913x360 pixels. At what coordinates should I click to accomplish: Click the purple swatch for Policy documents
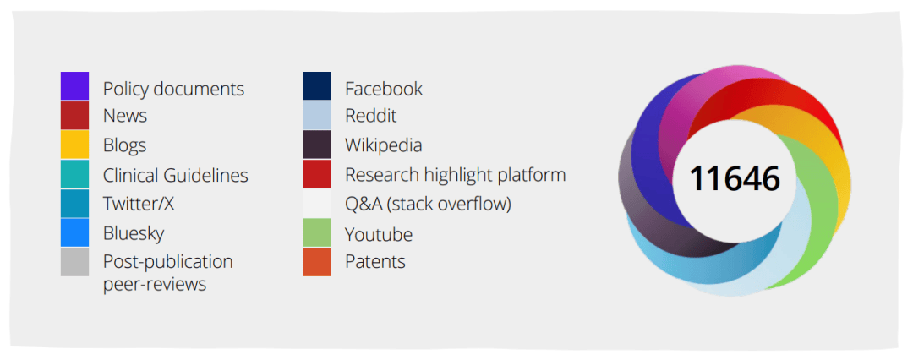[74, 85]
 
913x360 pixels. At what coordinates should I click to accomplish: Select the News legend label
[125, 115]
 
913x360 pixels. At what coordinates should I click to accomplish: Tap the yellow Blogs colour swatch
[74, 145]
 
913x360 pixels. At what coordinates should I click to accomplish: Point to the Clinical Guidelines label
[175, 175]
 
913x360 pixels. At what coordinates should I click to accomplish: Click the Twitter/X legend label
[139, 204]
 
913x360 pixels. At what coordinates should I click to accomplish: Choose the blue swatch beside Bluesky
[74, 232]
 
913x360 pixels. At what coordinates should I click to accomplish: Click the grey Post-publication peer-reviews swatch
[74, 262]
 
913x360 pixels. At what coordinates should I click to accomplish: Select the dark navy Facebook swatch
[317, 85]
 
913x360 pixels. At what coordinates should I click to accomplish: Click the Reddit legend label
[371, 115]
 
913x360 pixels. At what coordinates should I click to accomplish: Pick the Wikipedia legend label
[384, 145]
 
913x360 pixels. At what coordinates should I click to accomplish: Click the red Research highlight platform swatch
[317, 173]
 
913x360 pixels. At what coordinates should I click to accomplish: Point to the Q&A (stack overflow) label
[428, 205]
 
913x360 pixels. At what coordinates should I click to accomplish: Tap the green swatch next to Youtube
[317, 232]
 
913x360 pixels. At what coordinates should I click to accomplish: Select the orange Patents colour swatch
[317, 262]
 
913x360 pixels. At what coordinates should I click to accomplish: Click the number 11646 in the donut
[735, 178]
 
